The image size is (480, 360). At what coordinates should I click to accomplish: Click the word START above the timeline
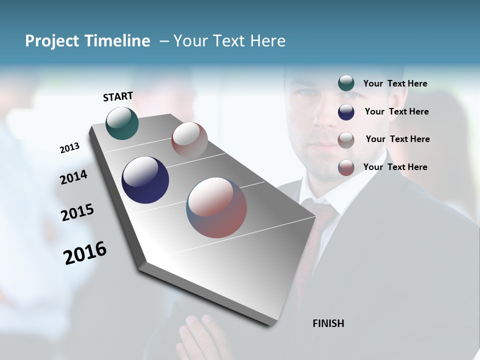pos(118,96)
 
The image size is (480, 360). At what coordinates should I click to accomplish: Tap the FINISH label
pos(328,323)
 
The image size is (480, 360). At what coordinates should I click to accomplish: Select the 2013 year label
pos(69,148)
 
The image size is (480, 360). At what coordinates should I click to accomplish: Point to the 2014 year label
pos(73,177)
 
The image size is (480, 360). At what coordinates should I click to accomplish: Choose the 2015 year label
pos(77,212)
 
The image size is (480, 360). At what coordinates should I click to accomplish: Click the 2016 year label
pos(85,253)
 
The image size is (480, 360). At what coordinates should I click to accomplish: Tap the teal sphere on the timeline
pos(122,123)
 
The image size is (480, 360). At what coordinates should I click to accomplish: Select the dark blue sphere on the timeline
pos(145,180)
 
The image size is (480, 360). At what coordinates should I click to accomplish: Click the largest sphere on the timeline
pos(216,207)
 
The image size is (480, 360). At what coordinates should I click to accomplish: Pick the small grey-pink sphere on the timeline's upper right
pos(189,140)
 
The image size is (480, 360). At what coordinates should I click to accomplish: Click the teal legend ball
pos(346,83)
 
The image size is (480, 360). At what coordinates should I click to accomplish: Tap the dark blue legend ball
pos(346,112)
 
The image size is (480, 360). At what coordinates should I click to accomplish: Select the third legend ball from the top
pos(346,140)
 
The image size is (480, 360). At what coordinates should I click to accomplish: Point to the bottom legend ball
pos(346,167)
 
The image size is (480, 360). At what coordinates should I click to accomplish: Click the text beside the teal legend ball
pos(395,83)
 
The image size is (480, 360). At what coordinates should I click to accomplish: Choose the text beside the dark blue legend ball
pos(396,111)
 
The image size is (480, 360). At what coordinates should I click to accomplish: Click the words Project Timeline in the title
pos(87,41)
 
